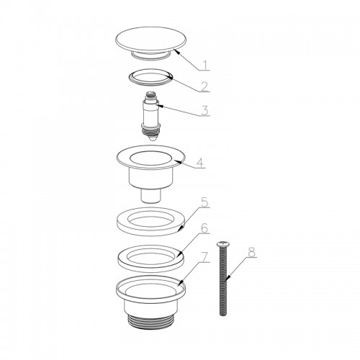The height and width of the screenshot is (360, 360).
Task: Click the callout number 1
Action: point(204,65)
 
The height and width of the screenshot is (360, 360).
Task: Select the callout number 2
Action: point(204,86)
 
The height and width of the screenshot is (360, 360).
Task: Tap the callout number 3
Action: point(204,111)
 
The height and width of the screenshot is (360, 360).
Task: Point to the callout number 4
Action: point(200,163)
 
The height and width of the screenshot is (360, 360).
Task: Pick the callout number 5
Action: point(204,202)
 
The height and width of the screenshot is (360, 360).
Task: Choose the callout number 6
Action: point(204,228)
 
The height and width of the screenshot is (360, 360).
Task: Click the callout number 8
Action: point(251,252)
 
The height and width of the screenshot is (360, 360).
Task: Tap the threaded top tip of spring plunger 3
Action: point(150,94)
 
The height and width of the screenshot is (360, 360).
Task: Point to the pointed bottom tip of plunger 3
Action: point(151,140)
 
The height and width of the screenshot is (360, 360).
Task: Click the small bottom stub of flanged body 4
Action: point(151,195)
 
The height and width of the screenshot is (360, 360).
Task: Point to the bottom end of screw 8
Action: point(222,313)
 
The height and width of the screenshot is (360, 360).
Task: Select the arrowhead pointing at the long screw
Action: point(227,278)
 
